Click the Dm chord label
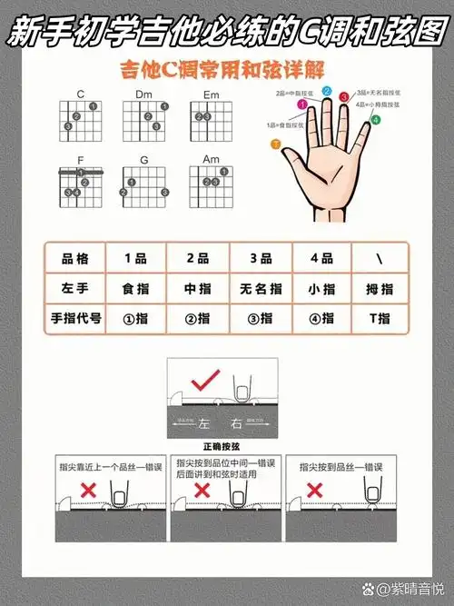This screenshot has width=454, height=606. coord(143,94)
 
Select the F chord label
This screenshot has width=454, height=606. coord(80,159)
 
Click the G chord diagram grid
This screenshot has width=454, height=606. coord(143,185)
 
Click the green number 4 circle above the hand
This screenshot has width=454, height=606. coord(375,119)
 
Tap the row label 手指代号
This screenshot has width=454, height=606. coord(74,319)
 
